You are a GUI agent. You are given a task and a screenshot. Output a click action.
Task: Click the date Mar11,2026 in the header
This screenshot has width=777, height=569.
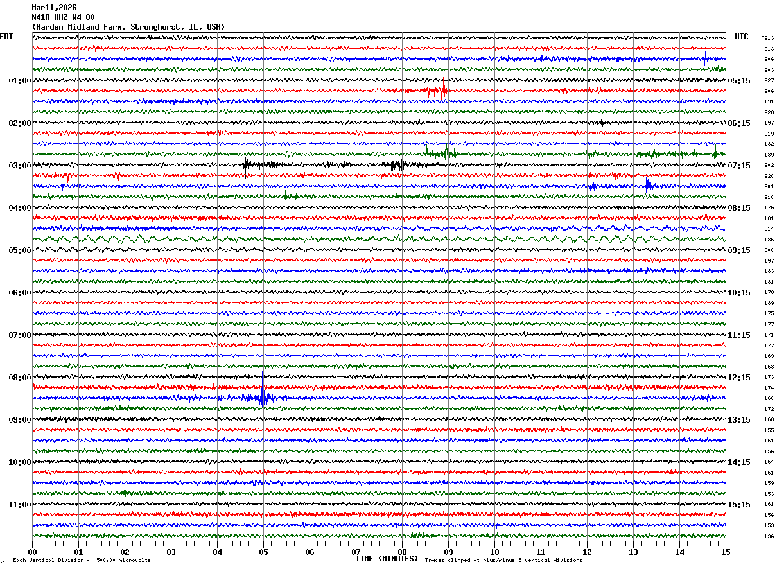(x=54, y=8)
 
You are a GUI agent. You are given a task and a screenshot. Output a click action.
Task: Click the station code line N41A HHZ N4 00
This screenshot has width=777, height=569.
(x=63, y=17)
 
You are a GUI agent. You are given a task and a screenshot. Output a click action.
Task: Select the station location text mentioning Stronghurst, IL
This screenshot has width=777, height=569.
(x=128, y=27)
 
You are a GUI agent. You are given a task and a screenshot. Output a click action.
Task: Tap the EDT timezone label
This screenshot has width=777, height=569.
(x=6, y=37)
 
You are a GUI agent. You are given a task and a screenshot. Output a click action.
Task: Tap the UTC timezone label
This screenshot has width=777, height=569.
(x=742, y=37)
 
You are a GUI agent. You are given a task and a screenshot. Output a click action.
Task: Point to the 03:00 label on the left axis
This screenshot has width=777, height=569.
(x=19, y=166)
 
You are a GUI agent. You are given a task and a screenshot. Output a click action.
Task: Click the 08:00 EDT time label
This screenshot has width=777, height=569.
(x=19, y=378)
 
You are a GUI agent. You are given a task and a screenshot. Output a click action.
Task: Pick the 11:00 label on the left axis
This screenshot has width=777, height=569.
(x=19, y=505)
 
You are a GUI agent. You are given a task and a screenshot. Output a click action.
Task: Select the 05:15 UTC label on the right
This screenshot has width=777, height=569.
(x=739, y=81)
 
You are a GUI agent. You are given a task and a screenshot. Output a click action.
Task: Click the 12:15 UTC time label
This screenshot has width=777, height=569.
(x=739, y=378)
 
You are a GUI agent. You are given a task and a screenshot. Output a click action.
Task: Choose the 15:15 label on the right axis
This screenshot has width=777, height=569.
(x=739, y=505)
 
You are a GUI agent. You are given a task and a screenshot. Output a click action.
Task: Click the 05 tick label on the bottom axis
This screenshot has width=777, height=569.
(x=263, y=552)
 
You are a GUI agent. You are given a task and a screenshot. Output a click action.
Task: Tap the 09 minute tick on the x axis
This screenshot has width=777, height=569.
(x=448, y=552)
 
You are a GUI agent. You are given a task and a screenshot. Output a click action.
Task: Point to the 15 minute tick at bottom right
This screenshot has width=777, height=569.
(x=726, y=552)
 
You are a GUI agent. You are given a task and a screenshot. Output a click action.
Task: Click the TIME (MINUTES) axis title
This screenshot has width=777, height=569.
(x=387, y=559)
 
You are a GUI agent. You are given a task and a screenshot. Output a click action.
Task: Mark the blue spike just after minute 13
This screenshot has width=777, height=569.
(x=647, y=186)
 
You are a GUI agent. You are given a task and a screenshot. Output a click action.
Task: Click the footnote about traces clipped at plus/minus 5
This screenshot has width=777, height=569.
(x=503, y=561)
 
